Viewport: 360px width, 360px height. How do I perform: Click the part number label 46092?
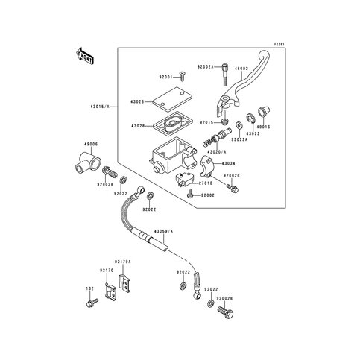coord(241,67)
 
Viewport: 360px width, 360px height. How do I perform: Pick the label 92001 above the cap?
coord(167,77)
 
